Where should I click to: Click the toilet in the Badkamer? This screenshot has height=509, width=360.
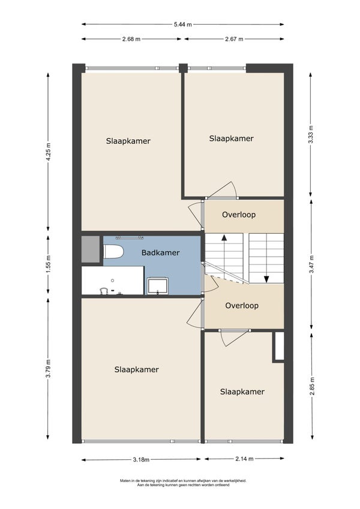113,252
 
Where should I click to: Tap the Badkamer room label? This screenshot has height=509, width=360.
161,252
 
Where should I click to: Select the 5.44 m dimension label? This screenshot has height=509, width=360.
183,24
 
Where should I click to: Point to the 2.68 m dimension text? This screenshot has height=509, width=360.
131,39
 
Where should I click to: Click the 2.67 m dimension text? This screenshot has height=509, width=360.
234,39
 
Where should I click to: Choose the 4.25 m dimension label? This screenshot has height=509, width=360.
49,152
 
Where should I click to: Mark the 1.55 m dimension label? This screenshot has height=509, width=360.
49,264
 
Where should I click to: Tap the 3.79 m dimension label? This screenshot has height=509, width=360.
49,369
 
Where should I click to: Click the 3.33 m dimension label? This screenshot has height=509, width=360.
311,134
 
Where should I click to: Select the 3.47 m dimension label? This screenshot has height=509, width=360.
311,264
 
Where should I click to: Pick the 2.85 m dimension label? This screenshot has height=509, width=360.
312,386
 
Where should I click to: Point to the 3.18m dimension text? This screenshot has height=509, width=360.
141,459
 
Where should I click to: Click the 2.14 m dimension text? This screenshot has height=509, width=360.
244,459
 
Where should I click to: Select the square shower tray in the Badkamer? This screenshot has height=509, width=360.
157,285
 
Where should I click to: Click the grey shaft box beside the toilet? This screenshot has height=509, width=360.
91,249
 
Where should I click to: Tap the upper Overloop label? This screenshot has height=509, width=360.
239,215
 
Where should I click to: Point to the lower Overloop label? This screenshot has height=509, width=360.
242,306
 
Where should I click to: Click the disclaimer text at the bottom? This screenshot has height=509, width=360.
183,483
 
